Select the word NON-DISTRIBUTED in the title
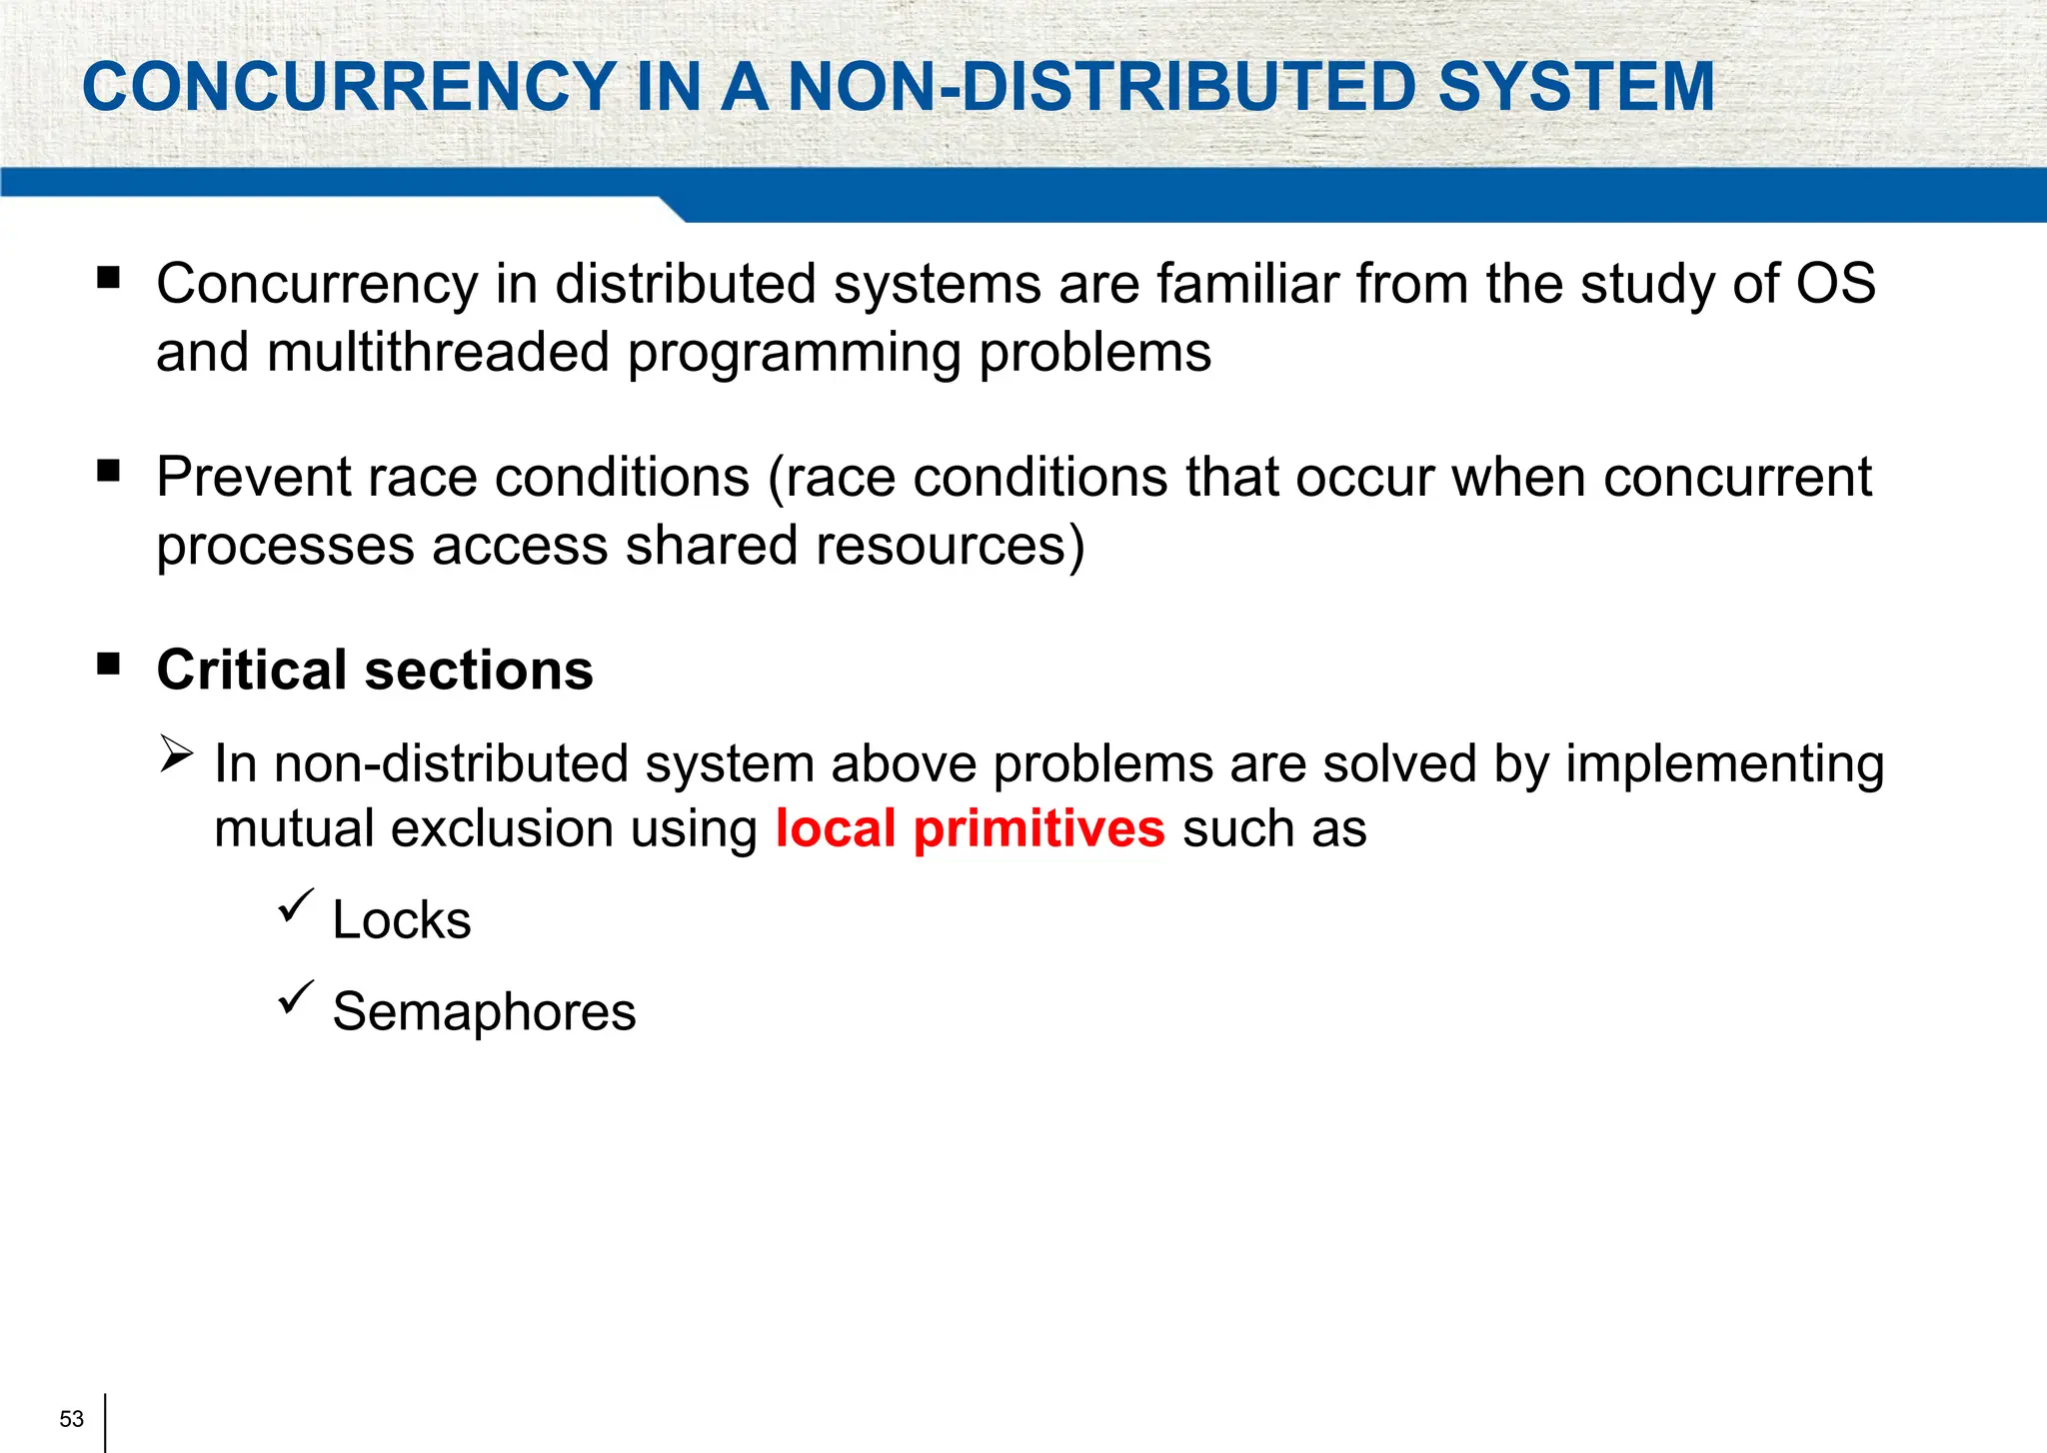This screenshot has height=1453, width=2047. click(1102, 87)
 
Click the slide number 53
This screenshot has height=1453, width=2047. click(72, 1419)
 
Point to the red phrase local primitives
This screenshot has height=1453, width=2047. click(970, 829)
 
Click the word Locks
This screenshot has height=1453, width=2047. click(402, 920)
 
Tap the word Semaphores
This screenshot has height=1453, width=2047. click(484, 1012)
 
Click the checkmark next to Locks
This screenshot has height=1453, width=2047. click(296, 905)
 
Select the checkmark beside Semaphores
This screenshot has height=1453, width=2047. click(296, 997)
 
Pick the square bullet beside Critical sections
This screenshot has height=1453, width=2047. click(109, 664)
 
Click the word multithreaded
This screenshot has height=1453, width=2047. click(439, 353)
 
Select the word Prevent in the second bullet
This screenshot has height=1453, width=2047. click(253, 478)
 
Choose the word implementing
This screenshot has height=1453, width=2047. click(1725, 764)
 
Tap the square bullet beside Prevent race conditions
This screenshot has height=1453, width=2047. click(109, 471)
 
